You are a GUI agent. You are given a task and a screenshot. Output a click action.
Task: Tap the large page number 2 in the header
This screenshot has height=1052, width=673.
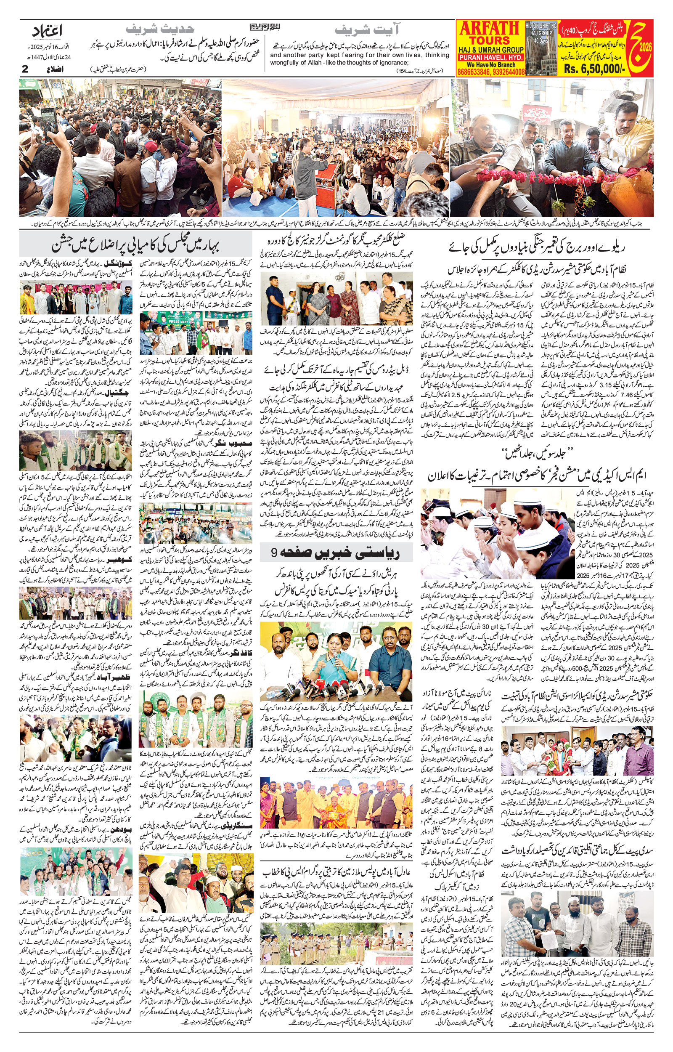pos(25,69)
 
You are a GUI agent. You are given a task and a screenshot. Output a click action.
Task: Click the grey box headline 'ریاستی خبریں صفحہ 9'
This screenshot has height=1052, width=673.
pos(336,553)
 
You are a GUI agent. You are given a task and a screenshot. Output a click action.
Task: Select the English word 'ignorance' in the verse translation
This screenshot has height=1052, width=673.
pos(428,62)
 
